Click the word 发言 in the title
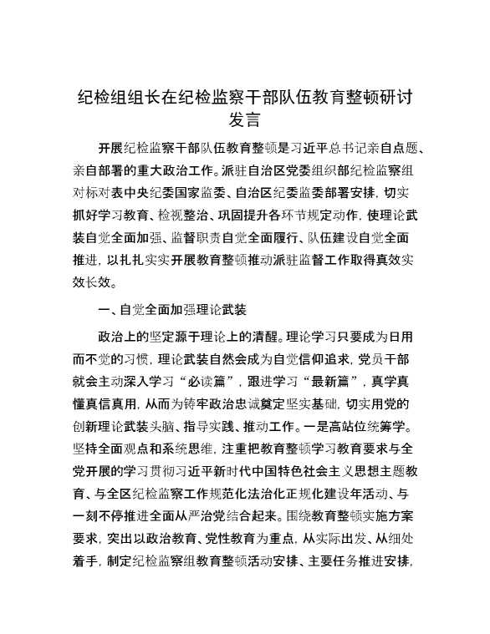pyautogui.click(x=244, y=119)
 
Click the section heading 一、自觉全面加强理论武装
pyautogui.click(x=172, y=310)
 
